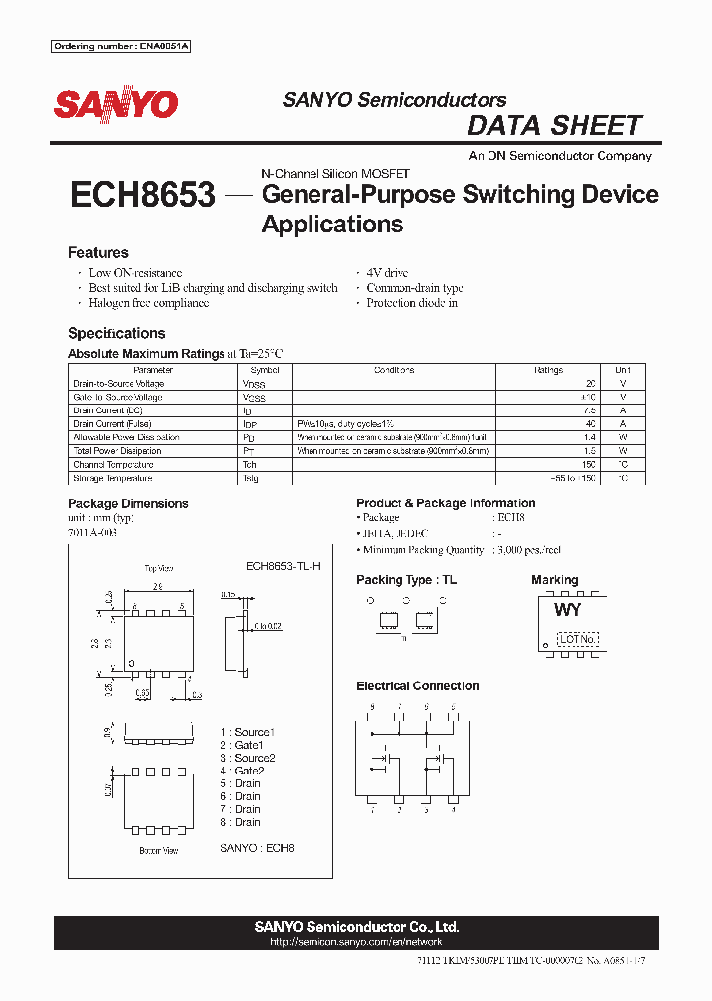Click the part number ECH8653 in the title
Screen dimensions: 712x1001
(142, 195)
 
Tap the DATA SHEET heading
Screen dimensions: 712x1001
(554, 126)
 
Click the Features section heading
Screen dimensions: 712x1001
(98, 253)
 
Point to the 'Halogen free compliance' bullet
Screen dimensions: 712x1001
(148, 303)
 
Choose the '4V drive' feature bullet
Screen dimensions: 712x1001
(387, 273)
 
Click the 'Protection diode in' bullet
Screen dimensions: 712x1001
(411, 303)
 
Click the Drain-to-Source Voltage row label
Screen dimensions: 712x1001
(119, 384)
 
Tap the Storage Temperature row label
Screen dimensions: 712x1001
(113, 478)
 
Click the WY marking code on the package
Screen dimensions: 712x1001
(568, 610)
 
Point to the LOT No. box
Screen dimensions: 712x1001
(578, 639)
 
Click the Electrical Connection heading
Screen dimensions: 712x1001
(417, 685)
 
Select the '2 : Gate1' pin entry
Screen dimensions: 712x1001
(242, 745)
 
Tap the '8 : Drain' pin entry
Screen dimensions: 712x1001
(240, 822)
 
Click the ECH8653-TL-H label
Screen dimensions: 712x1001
(283, 566)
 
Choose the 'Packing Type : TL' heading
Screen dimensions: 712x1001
(406, 580)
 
